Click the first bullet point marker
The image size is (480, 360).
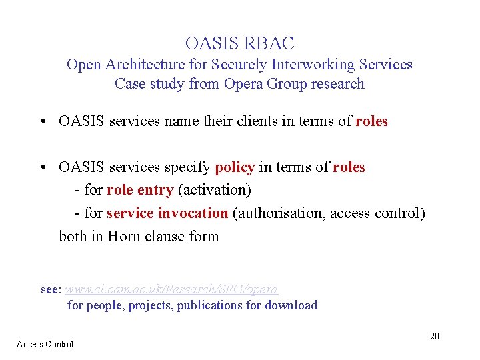[42, 122]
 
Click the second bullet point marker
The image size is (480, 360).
[42, 168]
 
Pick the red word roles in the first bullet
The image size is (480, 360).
[371, 121]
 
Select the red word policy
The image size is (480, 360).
[235, 167]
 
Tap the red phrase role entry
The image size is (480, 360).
[140, 190]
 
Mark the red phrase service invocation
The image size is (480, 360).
[167, 213]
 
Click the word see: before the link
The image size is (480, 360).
[51, 290]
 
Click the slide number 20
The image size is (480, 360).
[434, 336]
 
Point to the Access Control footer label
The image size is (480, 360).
[45, 344]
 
